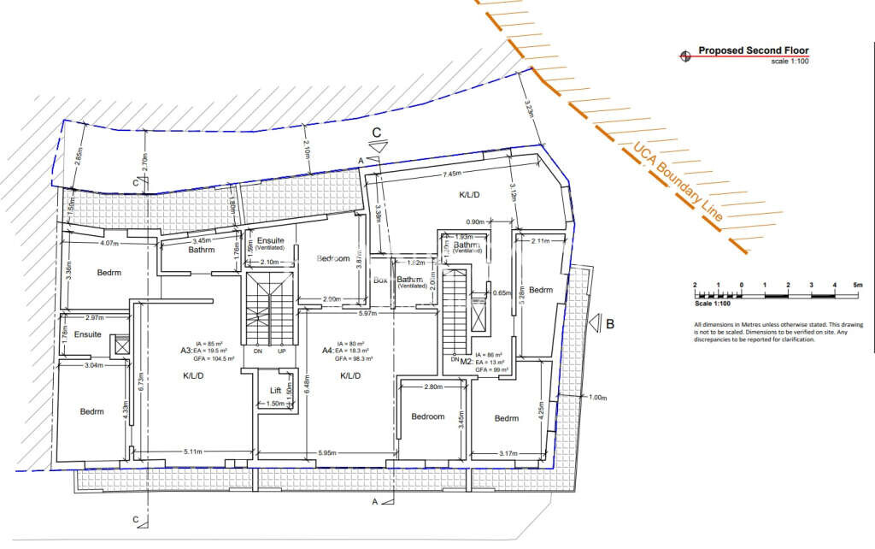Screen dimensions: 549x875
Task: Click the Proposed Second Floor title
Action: (753, 50)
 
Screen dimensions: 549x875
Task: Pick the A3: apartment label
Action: (185, 350)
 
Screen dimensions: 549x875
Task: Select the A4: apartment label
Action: (327, 350)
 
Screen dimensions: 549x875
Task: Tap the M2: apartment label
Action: (467, 362)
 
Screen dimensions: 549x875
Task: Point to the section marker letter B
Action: (610, 324)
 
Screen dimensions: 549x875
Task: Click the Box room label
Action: (380, 280)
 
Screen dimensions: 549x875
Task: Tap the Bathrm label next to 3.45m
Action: (203, 250)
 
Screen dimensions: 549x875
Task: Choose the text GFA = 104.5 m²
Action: (214, 359)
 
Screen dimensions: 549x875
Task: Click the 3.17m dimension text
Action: (508, 452)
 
